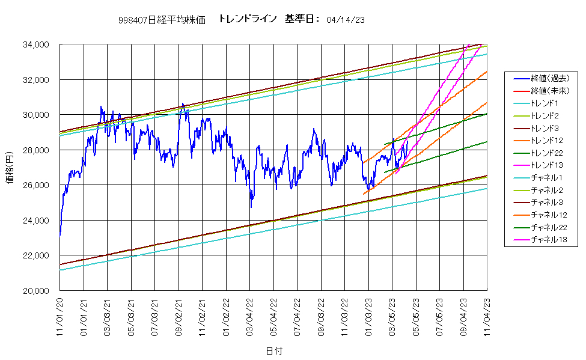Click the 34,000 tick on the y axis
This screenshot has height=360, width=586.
(36, 45)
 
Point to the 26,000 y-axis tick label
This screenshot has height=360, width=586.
(36, 186)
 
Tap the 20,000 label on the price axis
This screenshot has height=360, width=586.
(36, 291)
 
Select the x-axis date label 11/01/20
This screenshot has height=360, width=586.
(60, 317)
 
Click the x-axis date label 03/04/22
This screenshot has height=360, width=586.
(249, 317)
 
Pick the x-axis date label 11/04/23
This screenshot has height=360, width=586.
(487, 317)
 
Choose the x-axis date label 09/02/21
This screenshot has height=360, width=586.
(179, 317)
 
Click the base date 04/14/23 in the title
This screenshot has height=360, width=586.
(346, 20)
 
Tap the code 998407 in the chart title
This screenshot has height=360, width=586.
(133, 20)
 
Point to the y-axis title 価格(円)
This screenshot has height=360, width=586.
(10, 168)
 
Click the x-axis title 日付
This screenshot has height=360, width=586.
(274, 350)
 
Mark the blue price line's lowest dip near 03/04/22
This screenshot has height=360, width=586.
(251, 207)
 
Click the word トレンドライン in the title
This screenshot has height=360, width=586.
(248, 19)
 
